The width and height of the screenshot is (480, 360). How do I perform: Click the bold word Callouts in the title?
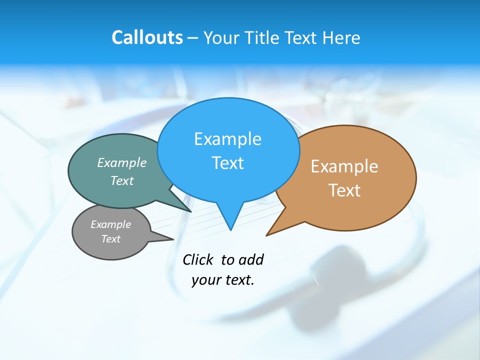(x=147, y=37)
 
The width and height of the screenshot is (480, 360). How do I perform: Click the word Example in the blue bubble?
(x=227, y=139)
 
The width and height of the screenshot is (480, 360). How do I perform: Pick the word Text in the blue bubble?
(x=227, y=163)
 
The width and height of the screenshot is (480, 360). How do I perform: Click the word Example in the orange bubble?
(x=344, y=166)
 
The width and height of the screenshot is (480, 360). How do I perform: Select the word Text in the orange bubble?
(x=344, y=190)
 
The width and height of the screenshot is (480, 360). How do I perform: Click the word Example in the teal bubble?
(x=122, y=162)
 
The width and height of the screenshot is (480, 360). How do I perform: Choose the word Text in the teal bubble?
(x=122, y=180)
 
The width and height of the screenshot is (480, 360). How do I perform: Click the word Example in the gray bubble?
(x=110, y=224)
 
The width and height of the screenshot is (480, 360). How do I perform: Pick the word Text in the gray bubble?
(x=110, y=239)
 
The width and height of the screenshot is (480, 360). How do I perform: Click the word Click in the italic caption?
(x=199, y=259)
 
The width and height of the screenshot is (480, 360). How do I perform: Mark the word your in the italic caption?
(x=205, y=280)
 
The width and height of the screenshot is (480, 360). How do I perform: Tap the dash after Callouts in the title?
(x=192, y=38)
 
